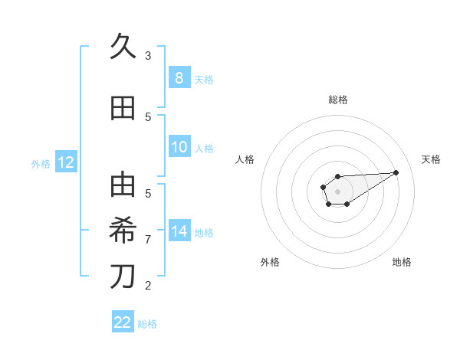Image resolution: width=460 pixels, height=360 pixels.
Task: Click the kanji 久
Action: click(123, 47)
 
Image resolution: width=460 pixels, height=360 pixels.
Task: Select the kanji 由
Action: click(123, 185)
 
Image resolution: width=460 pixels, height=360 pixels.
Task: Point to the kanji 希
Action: click(123, 231)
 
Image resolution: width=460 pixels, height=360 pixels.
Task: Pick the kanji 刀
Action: click(123, 277)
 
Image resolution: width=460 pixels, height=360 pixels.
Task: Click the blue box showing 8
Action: click(179, 77)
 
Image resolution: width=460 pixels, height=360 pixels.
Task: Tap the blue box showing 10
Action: click(179, 147)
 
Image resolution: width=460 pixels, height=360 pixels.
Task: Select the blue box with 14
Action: click(179, 231)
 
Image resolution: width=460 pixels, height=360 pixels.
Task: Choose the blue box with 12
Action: click(65, 162)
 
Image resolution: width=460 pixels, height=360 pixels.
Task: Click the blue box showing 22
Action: click(123, 322)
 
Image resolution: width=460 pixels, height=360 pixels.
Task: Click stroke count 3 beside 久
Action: click(148, 55)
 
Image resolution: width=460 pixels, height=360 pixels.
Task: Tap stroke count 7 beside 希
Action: click(148, 240)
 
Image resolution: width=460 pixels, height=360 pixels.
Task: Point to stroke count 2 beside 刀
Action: click(148, 286)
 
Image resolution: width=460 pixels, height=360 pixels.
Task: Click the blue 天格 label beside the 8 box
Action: click(204, 79)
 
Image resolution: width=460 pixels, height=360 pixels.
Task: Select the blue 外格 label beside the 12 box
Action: click(40, 163)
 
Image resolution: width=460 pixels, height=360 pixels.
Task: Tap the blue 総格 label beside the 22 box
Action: click(147, 324)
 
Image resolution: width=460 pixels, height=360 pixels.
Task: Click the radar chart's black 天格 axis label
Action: click(432, 159)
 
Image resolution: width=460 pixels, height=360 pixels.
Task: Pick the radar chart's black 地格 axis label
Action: click(402, 262)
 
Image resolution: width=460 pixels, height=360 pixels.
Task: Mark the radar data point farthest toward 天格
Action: click(396, 172)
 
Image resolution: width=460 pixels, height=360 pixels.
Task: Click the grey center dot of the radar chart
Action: click(337, 190)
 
